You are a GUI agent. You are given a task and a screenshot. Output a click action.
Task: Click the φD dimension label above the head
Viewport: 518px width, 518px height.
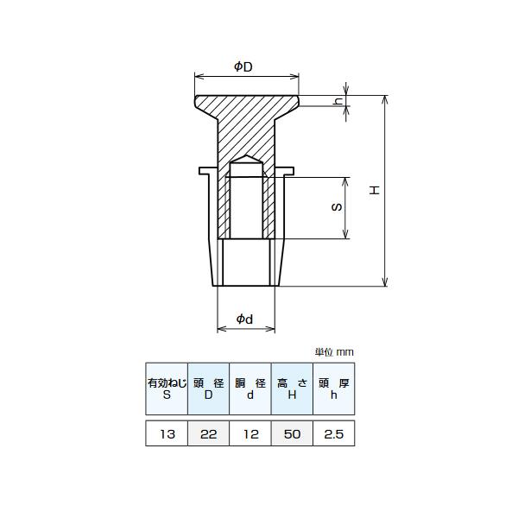click(x=243, y=66)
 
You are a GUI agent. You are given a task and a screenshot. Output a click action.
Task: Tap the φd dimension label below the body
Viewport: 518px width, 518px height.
click(x=245, y=319)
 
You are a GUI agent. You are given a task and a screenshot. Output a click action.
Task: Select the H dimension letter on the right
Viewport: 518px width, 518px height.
click(x=375, y=190)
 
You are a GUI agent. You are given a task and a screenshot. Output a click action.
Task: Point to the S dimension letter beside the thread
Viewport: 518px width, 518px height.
click(x=337, y=207)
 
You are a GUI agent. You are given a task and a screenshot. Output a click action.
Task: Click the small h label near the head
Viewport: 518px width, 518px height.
click(x=338, y=100)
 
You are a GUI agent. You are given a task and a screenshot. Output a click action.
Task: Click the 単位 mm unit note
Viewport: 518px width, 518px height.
click(x=334, y=352)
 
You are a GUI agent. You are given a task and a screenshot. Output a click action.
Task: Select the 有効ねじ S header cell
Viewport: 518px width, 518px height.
click(x=167, y=388)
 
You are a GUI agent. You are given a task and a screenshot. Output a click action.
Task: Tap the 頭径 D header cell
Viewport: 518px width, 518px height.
click(x=208, y=388)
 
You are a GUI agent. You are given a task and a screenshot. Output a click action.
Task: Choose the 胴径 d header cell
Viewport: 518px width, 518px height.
click(x=250, y=388)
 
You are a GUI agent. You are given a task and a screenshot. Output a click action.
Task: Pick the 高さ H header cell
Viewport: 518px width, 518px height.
click(x=292, y=388)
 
